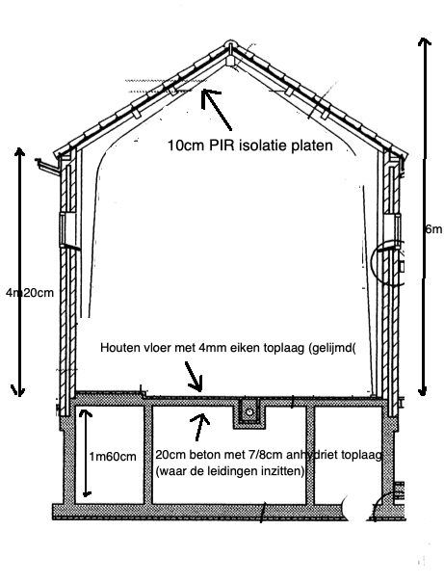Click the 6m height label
point(433,229)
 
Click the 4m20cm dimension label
point(30,293)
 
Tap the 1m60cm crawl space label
point(113,456)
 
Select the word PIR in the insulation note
point(222,145)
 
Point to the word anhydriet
point(308,455)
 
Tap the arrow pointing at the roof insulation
point(217,109)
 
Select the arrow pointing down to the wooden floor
point(195,376)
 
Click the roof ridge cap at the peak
point(230,44)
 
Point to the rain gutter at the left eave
point(48,166)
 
